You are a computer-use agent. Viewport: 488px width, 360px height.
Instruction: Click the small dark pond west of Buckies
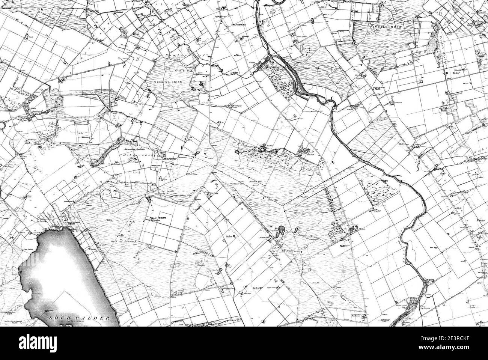(x=237, y=152)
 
